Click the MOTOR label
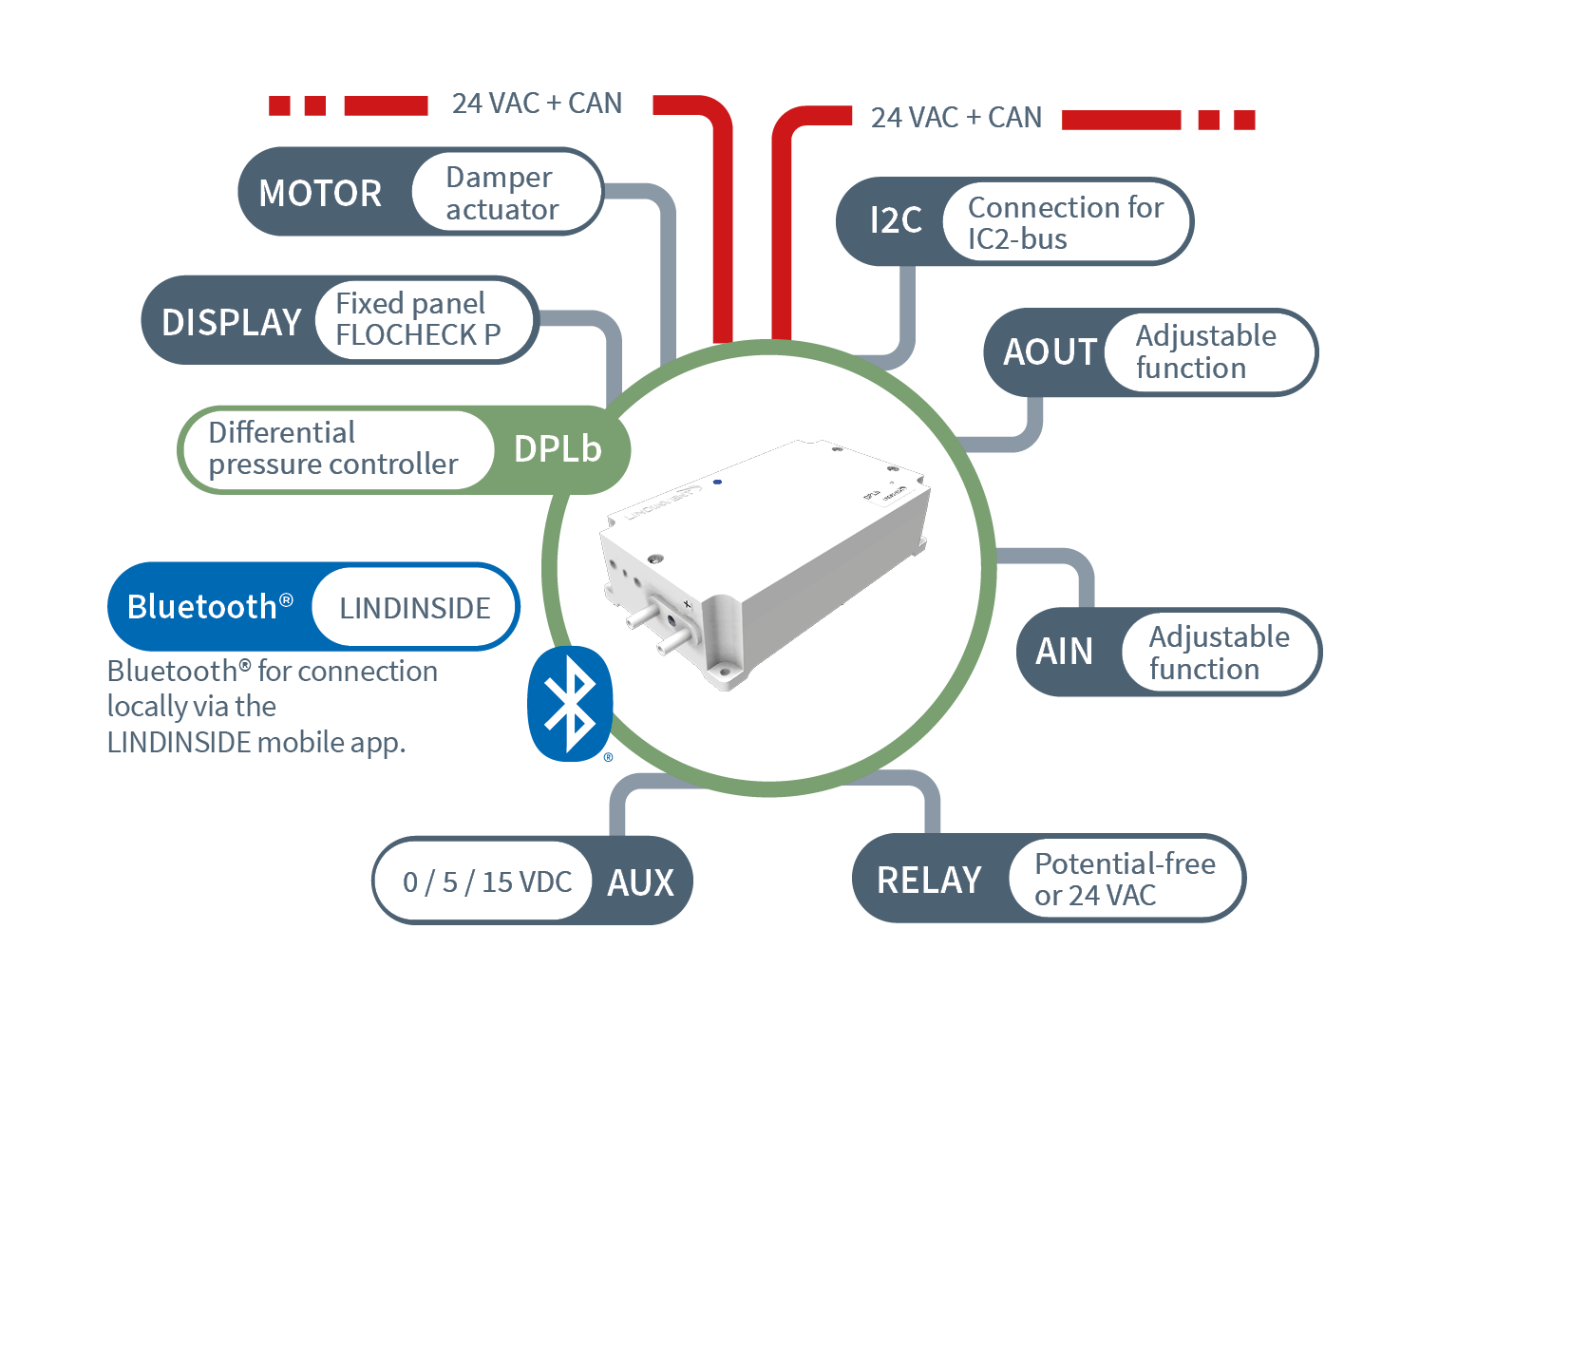(320, 193)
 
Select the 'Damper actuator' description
(502, 193)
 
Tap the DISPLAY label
(231, 322)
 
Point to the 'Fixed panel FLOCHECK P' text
(418, 319)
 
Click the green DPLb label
(558, 449)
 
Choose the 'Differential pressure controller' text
(332, 448)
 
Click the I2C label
(896, 220)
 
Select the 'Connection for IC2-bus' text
(1065, 223)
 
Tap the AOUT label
(1050, 351)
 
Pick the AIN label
(1064, 652)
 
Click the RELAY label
(928, 880)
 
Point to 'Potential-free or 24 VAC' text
(1125, 880)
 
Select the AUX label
(640, 882)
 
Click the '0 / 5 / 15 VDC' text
(487, 882)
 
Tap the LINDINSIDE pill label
(415, 608)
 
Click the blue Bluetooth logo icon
(570, 704)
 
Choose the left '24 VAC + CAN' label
(537, 104)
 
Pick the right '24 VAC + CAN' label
(956, 118)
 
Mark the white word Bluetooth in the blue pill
(201, 607)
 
